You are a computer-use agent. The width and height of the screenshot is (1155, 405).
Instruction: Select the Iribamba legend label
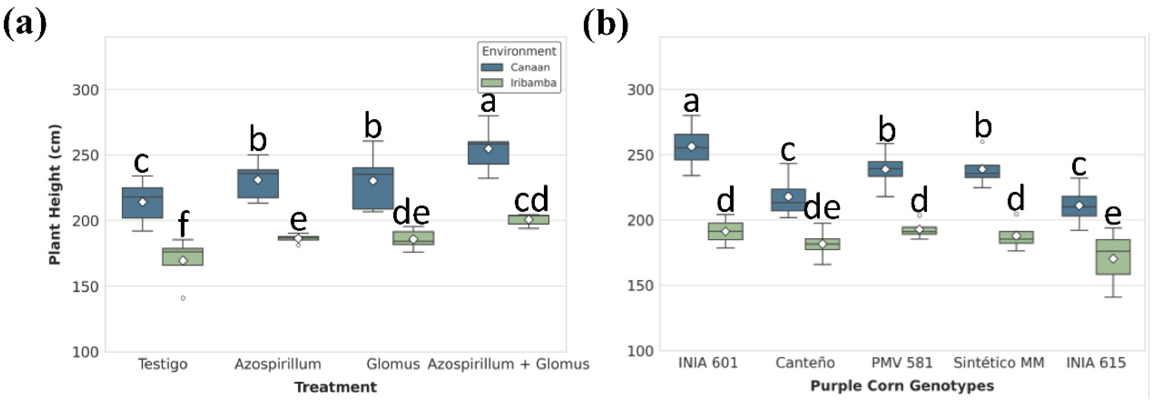[x=533, y=83]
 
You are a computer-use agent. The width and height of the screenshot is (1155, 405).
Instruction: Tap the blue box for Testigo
[x=142, y=203]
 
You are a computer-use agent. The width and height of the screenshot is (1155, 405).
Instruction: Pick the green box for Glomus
[x=413, y=238]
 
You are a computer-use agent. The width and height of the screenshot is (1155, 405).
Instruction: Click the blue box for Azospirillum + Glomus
[x=488, y=153]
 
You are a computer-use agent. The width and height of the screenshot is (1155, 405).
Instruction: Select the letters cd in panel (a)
[x=531, y=200]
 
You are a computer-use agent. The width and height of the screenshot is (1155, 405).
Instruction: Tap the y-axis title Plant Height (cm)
[x=55, y=194]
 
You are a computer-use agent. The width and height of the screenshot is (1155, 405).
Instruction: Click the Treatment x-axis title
[x=336, y=387]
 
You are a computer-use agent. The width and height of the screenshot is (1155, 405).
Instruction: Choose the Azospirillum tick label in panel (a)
[x=278, y=364]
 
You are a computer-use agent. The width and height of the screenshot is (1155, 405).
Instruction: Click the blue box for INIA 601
[x=691, y=147]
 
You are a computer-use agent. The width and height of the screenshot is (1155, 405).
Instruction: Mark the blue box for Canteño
[x=788, y=200]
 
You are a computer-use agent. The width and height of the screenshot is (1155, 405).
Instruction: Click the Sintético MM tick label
[x=999, y=363]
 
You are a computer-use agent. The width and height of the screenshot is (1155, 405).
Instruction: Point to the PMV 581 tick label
[x=902, y=363]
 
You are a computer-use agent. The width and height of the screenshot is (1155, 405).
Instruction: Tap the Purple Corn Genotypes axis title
[x=902, y=386]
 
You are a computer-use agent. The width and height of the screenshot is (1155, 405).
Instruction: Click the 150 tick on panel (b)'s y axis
[x=640, y=286]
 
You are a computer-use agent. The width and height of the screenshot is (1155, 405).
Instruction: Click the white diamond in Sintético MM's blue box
[x=982, y=170]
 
